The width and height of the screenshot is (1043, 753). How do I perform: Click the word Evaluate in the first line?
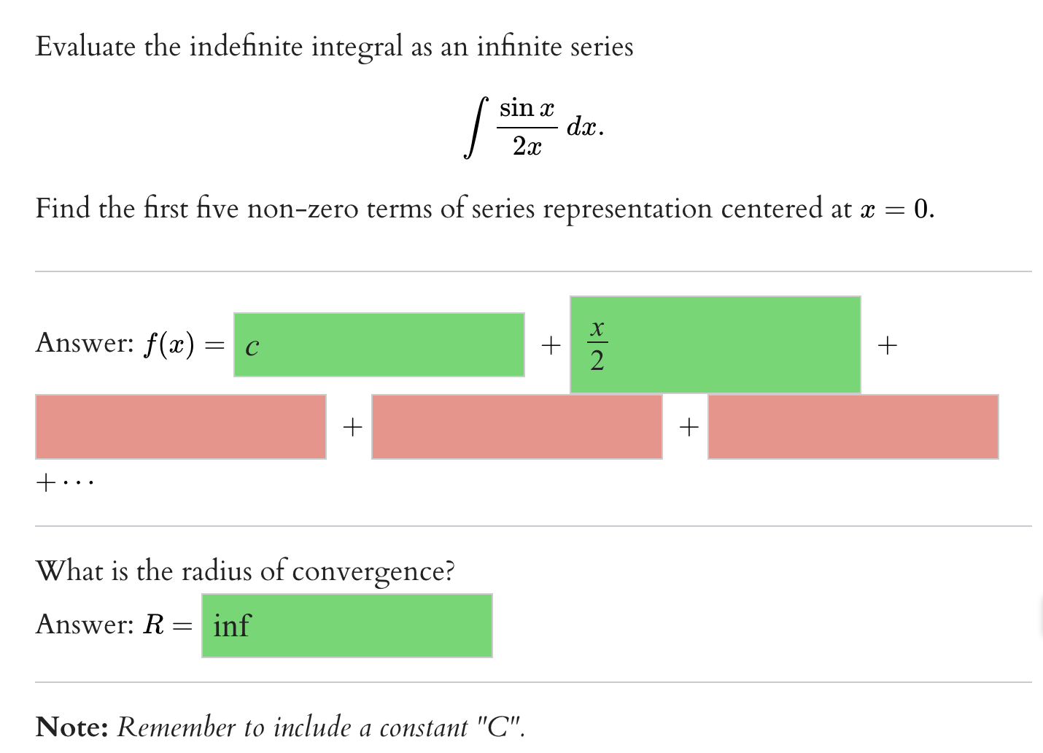[85, 47]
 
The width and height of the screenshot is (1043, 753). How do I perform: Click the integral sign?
[476, 128]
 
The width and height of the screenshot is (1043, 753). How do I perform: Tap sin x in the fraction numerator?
[527, 109]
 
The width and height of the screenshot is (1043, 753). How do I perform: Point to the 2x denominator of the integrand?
[527, 147]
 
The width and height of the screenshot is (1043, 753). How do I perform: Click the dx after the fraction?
[584, 128]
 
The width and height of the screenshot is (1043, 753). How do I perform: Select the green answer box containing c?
[379, 344]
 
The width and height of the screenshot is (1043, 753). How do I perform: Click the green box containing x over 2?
[715, 344]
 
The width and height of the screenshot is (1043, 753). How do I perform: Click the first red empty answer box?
[180, 427]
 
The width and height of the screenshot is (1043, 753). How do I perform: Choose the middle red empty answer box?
[516, 427]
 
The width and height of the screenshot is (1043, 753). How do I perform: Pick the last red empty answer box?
[853, 427]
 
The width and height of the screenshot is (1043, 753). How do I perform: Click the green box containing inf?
[346, 625]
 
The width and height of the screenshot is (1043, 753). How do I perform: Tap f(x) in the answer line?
[169, 344]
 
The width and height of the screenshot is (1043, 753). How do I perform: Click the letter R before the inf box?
[154, 625]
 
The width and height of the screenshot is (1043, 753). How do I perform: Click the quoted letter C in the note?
[499, 727]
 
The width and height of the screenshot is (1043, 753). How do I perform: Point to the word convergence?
[373, 571]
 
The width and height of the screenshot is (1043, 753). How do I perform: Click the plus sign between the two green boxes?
[551, 344]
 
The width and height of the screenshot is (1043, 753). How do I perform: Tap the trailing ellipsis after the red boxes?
[76, 482]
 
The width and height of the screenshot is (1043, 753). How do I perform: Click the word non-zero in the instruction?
[302, 209]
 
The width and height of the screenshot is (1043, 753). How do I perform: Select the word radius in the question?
[216, 571]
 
